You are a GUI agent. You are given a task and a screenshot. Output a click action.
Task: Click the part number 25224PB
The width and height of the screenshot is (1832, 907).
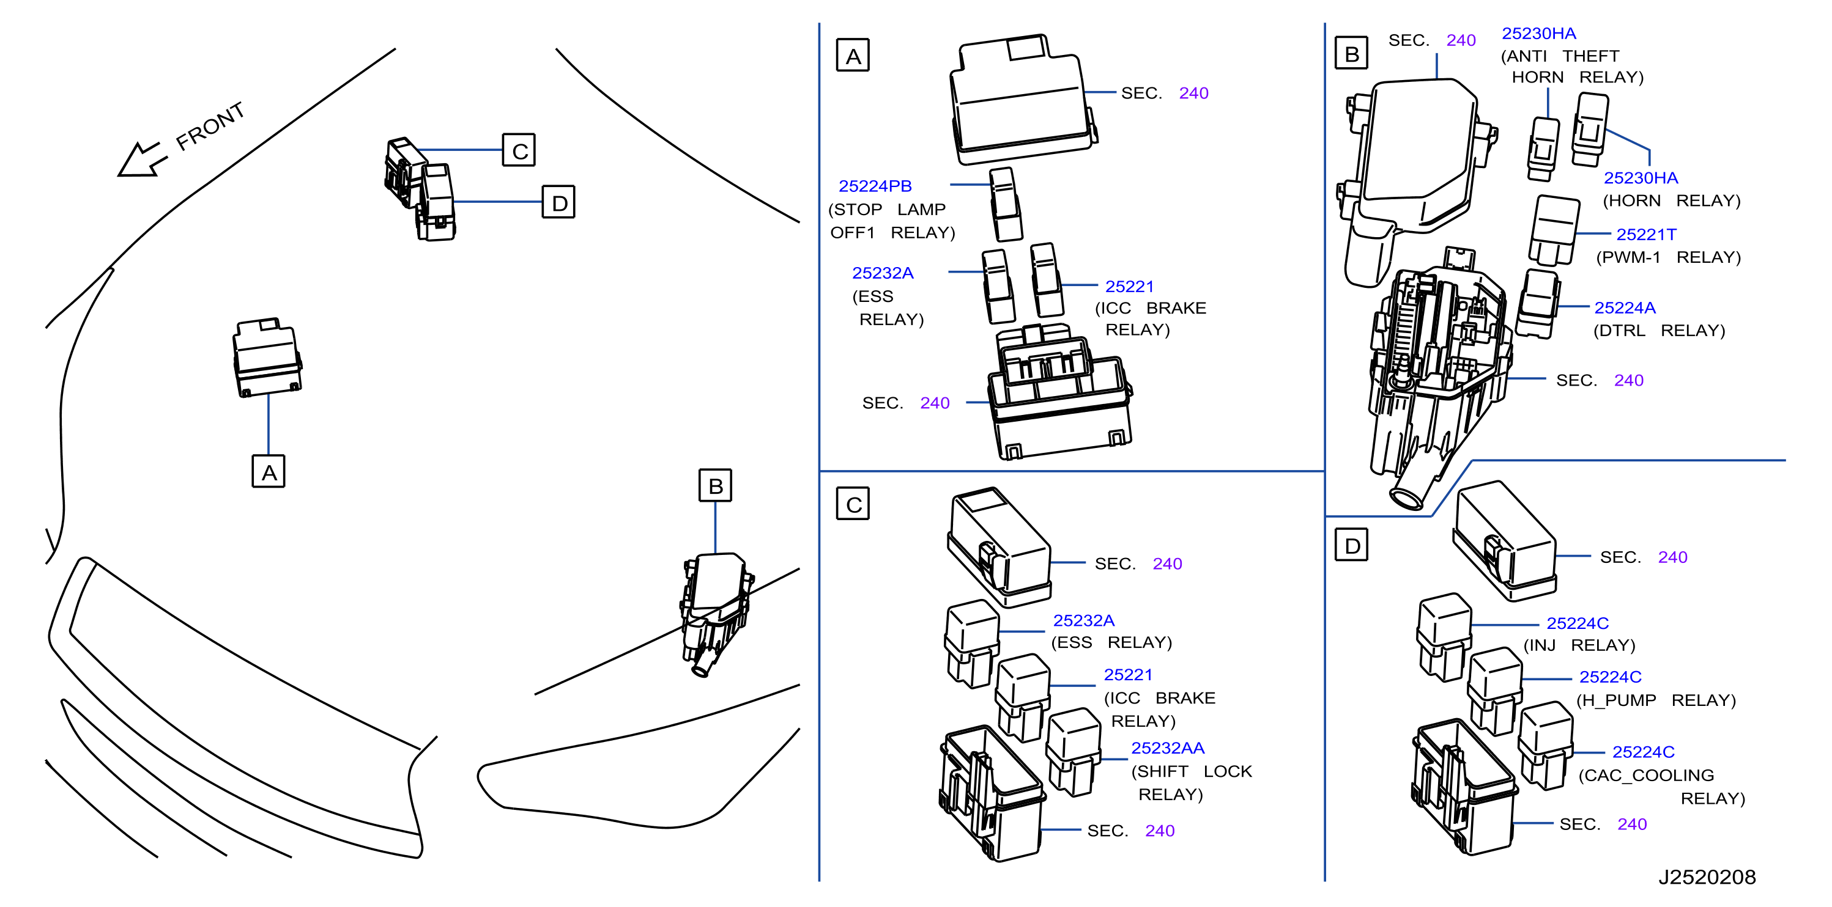click(x=875, y=186)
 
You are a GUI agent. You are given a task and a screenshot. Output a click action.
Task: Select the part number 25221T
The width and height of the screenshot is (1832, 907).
click(x=1647, y=235)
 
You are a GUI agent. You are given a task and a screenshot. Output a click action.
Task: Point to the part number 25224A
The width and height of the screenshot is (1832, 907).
click(x=1625, y=308)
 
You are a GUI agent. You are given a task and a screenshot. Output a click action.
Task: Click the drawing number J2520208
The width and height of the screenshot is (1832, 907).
click(x=1707, y=877)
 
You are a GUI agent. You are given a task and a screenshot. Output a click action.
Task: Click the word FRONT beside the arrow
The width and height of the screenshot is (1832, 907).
click(x=210, y=126)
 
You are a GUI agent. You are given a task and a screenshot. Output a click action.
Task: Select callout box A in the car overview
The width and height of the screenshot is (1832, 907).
click(x=269, y=471)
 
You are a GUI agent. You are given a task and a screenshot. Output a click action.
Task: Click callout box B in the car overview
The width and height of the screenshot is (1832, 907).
click(x=716, y=485)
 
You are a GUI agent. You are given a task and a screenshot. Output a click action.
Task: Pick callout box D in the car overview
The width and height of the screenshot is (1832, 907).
click(x=559, y=202)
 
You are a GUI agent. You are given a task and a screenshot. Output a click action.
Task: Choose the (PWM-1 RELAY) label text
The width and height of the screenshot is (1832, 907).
click(x=1669, y=257)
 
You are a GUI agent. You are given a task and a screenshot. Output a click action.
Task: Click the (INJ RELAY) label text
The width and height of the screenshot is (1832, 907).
click(x=1579, y=645)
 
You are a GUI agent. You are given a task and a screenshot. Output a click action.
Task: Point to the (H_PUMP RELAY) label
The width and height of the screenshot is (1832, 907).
click(x=1656, y=700)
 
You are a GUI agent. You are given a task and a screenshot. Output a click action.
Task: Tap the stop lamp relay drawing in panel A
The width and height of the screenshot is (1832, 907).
click(x=1006, y=205)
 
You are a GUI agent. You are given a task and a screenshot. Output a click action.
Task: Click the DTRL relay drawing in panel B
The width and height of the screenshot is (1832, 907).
click(x=1538, y=304)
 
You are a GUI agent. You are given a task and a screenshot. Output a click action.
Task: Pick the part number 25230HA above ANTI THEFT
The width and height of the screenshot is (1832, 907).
click(x=1539, y=34)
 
